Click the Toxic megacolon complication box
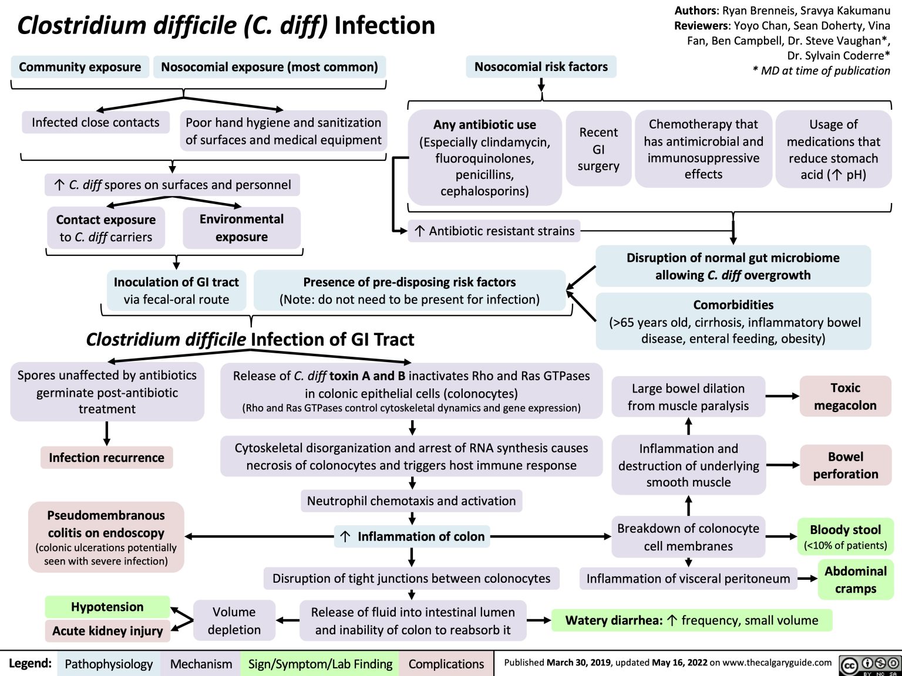tap(845, 397)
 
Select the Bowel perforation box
tap(845, 465)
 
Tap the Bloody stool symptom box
tap(845, 536)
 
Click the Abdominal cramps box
tap(855, 580)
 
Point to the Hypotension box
tap(107, 607)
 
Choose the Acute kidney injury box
tap(107, 631)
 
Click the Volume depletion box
tap(234, 621)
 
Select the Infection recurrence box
tap(106, 458)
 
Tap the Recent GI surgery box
tap(598, 149)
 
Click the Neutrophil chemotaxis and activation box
tap(411, 501)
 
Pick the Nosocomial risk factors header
tap(541, 67)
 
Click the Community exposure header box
tap(80, 67)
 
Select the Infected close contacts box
tap(95, 123)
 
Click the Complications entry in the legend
tap(446, 664)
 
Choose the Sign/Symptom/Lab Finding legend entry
tap(320, 664)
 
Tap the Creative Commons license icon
tap(870, 664)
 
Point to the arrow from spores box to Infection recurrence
tap(107, 434)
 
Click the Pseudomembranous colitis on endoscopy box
tap(106, 537)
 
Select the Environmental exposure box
tap(241, 228)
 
